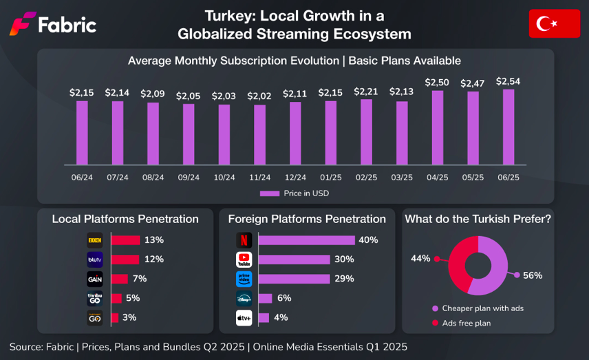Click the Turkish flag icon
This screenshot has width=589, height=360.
554,24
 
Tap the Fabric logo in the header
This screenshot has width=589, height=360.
52,25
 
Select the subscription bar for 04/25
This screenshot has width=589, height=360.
437,127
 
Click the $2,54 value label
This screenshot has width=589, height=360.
508,81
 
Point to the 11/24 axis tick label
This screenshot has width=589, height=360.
259,177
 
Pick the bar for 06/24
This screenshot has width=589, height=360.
82,133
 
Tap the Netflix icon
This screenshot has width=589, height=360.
244,240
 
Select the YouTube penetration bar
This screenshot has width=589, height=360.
294,260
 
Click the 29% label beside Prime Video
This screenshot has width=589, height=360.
344,279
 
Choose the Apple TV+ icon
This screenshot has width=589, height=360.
244,317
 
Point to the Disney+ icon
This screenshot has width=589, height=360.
244,298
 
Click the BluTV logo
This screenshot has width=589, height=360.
94,260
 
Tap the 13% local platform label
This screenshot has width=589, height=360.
154,240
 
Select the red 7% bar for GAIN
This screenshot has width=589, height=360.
119,279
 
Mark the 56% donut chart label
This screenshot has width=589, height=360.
533,275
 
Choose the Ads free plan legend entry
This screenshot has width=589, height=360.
466,323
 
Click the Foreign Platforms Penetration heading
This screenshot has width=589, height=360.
307,219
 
